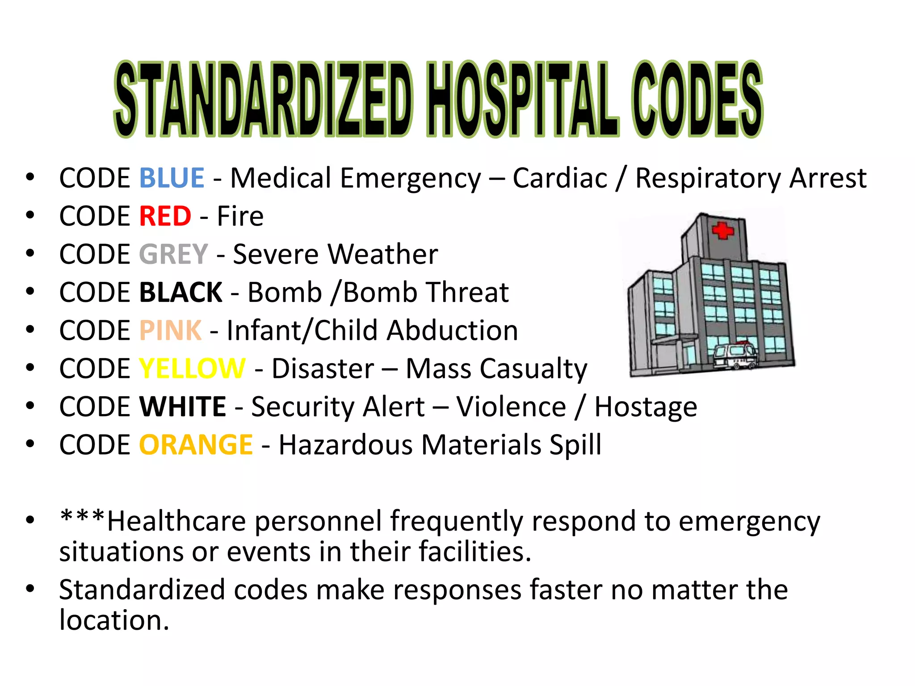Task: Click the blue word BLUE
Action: (172, 178)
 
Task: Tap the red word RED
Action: (165, 216)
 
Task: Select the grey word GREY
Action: (173, 254)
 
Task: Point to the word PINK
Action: (170, 330)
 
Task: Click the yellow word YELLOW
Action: (192, 368)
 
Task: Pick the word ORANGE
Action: (196, 445)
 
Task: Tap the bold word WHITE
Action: (183, 407)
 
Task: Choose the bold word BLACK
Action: (180, 293)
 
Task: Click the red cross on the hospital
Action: (722, 230)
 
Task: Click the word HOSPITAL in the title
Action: (523, 99)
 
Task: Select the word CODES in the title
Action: (697, 99)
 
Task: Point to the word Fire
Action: (240, 216)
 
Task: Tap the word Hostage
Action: (646, 407)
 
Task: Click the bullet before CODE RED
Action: (30, 216)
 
